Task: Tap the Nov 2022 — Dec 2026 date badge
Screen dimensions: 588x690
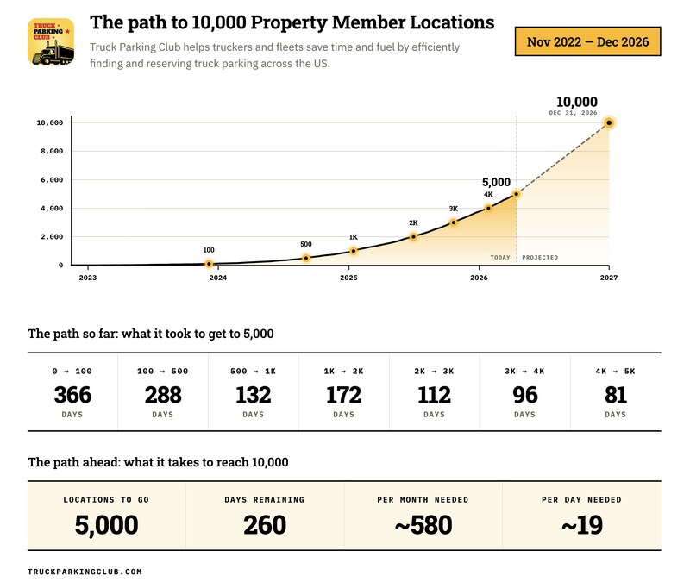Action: (x=586, y=41)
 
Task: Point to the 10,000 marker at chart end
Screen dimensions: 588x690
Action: (x=609, y=122)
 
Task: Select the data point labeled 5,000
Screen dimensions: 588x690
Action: (x=516, y=194)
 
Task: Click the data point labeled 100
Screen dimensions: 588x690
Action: (x=209, y=264)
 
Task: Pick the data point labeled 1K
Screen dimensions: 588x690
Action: (x=354, y=251)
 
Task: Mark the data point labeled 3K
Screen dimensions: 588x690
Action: (x=454, y=222)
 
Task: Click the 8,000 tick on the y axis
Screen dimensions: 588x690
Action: (x=50, y=151)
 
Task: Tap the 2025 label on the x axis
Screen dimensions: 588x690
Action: (x=348, y=278)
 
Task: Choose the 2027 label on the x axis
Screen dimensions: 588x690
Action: (x=609, y=278)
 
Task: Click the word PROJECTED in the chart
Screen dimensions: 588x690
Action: (x=540, y=258)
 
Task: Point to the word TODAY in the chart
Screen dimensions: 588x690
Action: (x=500, y=258)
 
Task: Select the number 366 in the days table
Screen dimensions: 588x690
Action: (x=72, y=395)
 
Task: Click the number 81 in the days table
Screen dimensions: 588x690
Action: (x=616, y=395)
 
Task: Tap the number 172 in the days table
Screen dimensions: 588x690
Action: (x=343, y=395)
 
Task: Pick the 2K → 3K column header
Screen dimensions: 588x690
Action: (x=434, y=371)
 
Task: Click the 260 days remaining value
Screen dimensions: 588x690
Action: (x=265, y=524)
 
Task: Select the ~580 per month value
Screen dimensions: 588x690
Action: (x=423, y=524)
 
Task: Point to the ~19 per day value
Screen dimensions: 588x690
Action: (x=581, y=524)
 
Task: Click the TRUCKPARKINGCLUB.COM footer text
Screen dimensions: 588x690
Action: (x=85, y=572)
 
